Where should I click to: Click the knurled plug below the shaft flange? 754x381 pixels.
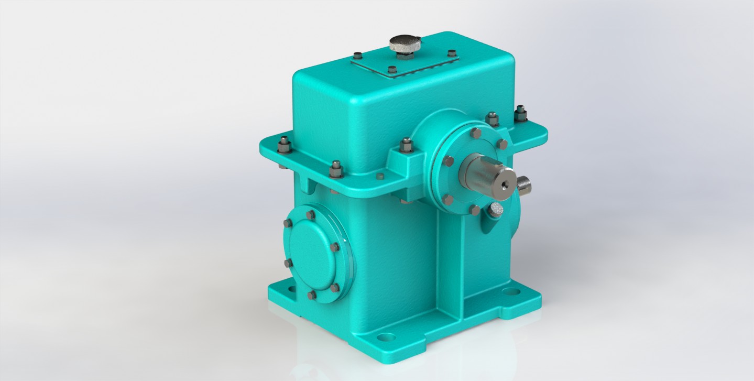[x=496, y=211]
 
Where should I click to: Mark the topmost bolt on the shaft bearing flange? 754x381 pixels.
[x=476, y=133]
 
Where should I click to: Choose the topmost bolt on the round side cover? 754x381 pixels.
[x=310, y=214]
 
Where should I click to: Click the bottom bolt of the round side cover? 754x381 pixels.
[x=311, y=295]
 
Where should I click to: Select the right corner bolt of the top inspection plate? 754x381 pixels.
[x=452, y=53]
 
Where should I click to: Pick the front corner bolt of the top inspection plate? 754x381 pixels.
[x=392, y=69]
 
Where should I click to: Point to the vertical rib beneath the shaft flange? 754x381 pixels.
[x=451, y=262]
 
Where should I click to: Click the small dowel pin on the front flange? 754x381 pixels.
[x=381, y=176]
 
